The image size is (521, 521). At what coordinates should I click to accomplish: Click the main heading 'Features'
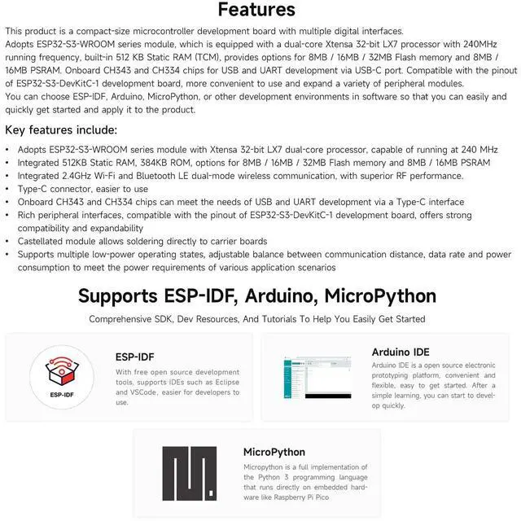coord(256,11)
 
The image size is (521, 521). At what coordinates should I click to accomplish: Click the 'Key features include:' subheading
coord(61,130)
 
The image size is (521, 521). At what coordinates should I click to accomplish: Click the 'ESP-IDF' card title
coord(135,355)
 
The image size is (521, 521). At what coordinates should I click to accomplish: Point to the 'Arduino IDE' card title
coord(401,352)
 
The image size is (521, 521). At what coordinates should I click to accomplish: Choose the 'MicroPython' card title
coord(274,452)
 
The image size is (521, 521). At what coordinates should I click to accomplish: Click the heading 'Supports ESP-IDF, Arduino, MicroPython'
coord(257,296)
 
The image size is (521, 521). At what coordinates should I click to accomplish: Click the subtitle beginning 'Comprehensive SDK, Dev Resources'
coord(256,319)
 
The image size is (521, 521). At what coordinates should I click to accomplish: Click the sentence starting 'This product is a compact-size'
coord(204,31)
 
